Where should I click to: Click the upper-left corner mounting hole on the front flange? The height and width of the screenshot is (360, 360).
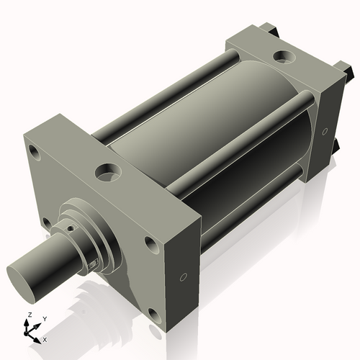click(33, 151)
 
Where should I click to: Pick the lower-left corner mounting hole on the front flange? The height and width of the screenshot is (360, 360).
click(45, 222)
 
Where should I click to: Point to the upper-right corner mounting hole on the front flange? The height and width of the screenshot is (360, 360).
click(150, 243)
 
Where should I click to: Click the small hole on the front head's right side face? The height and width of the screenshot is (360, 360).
click(183, 276)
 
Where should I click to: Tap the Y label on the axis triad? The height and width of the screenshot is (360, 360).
click(44, 318)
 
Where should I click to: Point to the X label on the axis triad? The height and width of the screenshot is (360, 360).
click(45, 338)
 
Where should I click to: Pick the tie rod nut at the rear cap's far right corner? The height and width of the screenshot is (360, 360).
click(348, 72)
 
